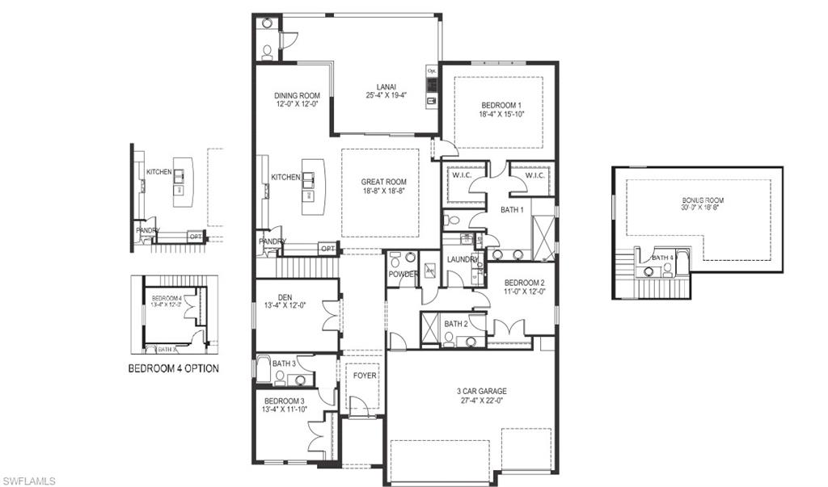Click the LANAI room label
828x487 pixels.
(385, 86)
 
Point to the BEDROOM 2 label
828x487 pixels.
(524, 283)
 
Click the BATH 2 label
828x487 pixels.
(456, 324)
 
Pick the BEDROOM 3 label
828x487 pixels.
(283, 401)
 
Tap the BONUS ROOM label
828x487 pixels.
(701, 199)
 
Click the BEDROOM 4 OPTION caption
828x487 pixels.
(173, 368)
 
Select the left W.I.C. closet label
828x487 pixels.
(462, 175)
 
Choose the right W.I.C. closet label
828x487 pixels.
(536, 175)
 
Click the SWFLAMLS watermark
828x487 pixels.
(28, 481)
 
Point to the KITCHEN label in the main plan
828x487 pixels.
(285, 177)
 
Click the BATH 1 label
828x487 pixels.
(511, 210)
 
